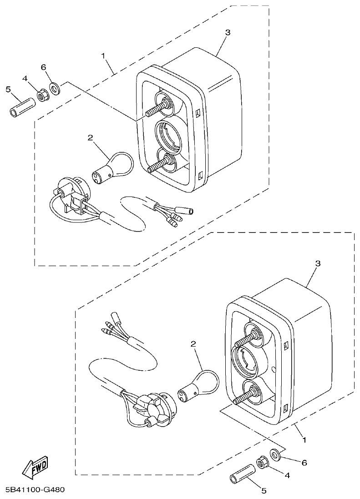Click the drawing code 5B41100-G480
(x=35, y=490)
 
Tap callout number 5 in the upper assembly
(x=8, y=89)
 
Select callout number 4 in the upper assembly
(x=25, y=79)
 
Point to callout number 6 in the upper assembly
(x=44, y=67)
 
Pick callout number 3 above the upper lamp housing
(x=228, y=32)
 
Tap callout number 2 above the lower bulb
(x=193, y=344)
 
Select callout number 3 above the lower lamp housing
(x=318, y=263)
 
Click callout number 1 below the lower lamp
(x=304, y=440)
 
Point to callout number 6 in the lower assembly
(x=304, y=463)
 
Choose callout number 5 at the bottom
(x=263, y=490)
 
